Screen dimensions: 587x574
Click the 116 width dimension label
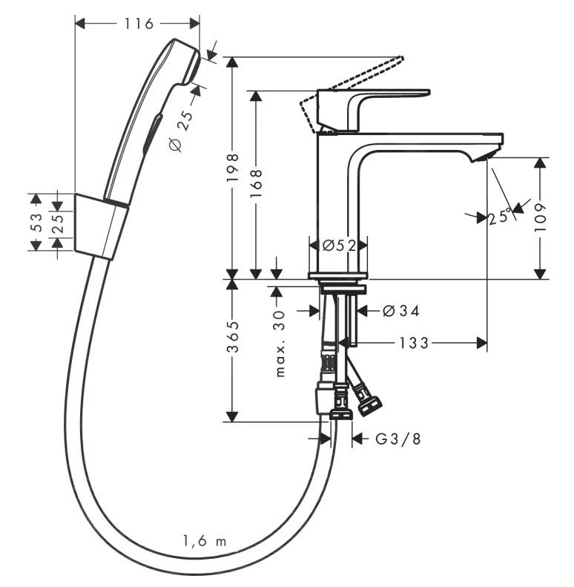[x=139, y=24]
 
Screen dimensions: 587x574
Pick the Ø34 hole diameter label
[x=401, y=312]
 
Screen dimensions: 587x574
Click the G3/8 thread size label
[x=397, y=439]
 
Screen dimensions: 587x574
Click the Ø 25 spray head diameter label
[x=179, y=132]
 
